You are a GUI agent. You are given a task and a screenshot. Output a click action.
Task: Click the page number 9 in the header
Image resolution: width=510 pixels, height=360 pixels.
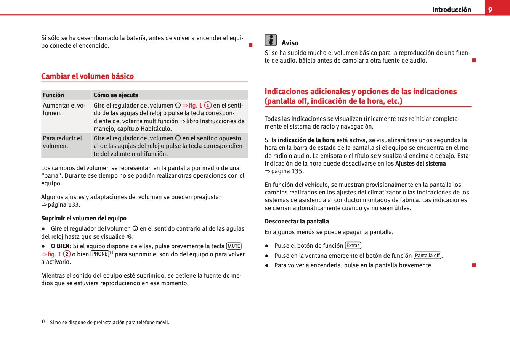tap(490, 10)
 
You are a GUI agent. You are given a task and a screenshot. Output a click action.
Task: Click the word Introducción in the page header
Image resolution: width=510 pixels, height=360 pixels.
tap(451, 10)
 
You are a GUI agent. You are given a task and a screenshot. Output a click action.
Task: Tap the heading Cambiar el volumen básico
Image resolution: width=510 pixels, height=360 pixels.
tap(87, 76)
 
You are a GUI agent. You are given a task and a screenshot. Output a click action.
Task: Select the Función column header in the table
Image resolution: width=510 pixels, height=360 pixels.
tap(53, 95)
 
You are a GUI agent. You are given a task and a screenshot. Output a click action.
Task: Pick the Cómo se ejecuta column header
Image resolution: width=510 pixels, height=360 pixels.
tap(116, 95)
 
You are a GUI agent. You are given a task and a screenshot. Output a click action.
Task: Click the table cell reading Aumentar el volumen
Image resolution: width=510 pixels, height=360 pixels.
tap(64, 109)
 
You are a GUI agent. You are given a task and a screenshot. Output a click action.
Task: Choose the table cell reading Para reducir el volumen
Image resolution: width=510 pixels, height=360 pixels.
tap(63, 142)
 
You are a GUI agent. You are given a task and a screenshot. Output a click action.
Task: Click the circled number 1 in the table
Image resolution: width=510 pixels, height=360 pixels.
tap(208, 105)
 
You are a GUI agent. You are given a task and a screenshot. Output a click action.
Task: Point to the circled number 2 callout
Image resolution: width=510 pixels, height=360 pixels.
tap(67, 254)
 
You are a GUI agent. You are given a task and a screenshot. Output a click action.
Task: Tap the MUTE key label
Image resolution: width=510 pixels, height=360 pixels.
tap(234, 246)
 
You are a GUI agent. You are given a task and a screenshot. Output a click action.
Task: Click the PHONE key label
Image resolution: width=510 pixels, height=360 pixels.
tap(100, 254)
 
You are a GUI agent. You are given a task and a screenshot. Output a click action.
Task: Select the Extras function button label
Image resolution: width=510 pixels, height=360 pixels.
tap(353, 246)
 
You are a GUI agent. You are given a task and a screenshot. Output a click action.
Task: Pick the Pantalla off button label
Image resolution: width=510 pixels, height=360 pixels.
tap(427, 256)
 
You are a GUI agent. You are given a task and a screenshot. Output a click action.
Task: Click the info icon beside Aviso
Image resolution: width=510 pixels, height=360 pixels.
tap(271, 40)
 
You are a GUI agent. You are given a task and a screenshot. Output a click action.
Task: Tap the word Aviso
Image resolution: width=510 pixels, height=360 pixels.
tap(290, 43)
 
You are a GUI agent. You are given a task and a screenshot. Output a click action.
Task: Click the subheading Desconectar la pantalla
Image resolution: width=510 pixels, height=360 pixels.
tap(297, 222)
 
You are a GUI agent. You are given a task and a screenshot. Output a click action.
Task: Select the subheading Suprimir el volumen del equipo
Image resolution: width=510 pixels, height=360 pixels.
tap(84, 219)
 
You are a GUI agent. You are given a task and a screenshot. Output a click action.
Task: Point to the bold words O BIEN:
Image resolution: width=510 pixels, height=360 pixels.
tap(61, 246)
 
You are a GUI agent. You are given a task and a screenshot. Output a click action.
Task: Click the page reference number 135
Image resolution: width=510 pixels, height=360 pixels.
tap(297, 171)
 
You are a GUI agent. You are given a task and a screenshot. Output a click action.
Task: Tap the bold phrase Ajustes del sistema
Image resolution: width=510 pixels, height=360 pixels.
tap(420, 164)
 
